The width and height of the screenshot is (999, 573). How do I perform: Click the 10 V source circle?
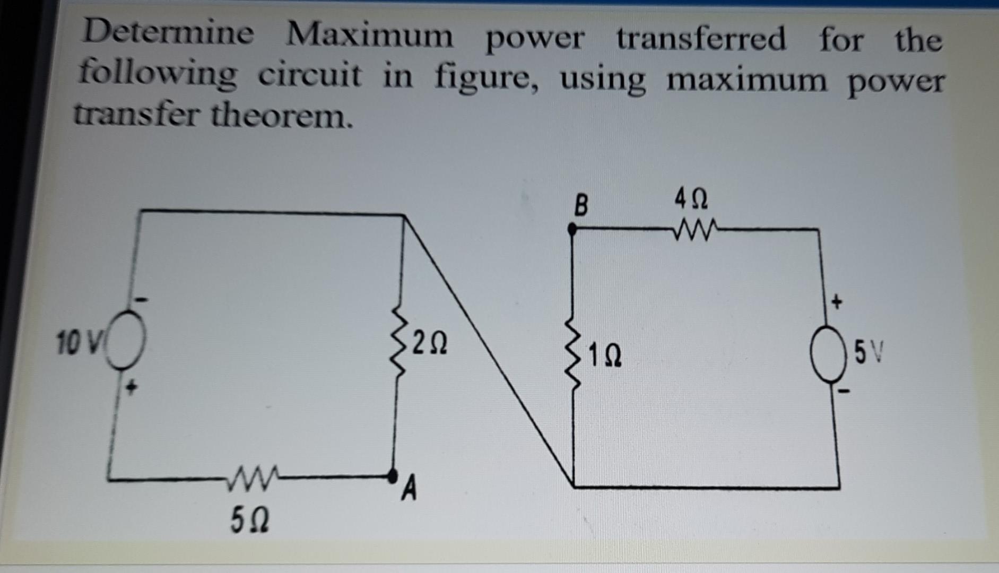(x=125, y=340)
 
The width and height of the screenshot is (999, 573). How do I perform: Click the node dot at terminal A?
(x=393, y=475)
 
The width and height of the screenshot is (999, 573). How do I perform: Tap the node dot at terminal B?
(x=572, y=230)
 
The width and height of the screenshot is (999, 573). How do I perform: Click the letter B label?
(x=581, y=205)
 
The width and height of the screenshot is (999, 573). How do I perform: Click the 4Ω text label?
(x=691, y=199)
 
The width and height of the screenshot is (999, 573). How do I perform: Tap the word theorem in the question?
(x=281, y=116)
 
